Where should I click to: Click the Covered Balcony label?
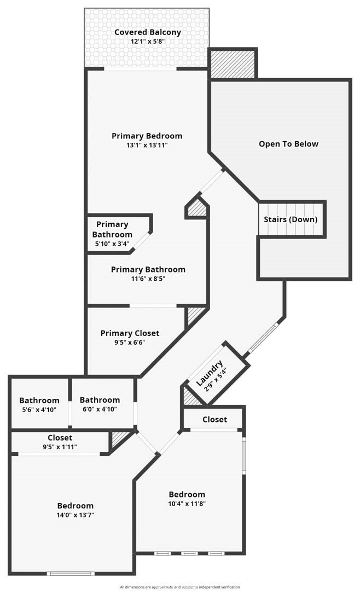pos(147,32)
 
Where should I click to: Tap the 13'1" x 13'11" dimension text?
pos(147,145)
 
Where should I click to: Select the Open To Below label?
pos(288,144)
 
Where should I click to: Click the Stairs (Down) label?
pos(291,219)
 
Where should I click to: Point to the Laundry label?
pos(209,374)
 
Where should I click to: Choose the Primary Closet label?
pos(130,333)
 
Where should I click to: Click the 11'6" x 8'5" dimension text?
pos(148,279)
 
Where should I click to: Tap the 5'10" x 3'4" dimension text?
pos(112,244)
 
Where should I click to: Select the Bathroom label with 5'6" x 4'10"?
pos(39,401)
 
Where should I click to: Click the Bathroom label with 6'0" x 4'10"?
pos(100,400)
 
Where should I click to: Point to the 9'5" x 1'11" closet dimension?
pos(60,447)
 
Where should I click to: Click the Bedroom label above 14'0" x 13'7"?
pos(76,506)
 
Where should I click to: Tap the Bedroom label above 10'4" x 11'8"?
pos(187,495)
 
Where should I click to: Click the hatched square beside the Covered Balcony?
pos(232,63)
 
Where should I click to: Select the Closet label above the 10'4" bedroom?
pos(215,420)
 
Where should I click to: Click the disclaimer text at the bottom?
pos(180,587)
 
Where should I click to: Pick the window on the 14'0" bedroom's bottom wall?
pos(71,573)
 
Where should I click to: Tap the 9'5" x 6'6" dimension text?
pos(130,343)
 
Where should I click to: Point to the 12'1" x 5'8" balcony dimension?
pos(148,42)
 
